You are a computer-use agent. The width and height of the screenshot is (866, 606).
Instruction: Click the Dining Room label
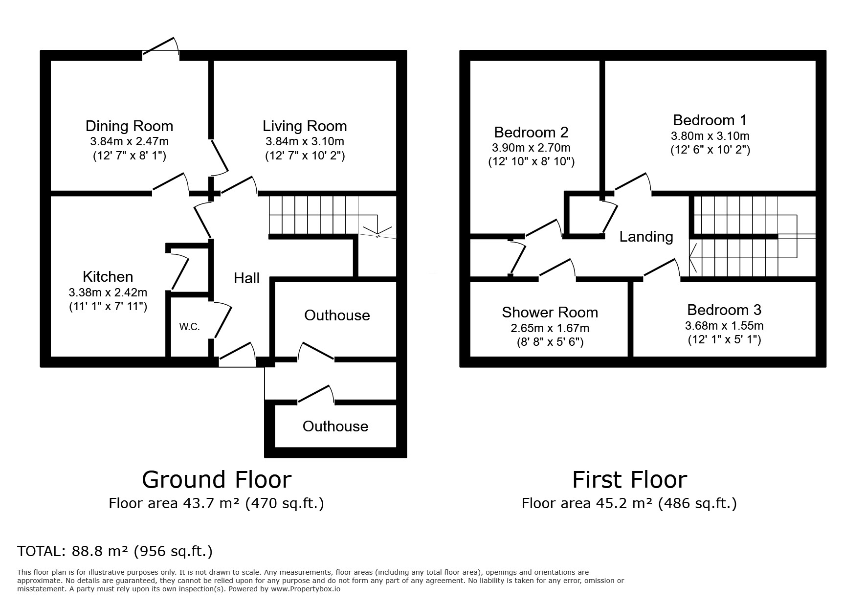129,126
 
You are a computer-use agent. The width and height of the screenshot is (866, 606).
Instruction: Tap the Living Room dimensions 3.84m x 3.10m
305,141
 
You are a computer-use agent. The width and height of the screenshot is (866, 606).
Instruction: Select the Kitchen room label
108,277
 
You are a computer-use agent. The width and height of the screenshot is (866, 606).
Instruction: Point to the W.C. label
189,327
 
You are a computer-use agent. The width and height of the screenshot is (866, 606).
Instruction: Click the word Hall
246,278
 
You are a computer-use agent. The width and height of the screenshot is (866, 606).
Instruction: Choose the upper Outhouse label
337,315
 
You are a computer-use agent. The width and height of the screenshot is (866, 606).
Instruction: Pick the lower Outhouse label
335,426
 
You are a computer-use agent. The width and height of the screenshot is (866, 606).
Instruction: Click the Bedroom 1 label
710,120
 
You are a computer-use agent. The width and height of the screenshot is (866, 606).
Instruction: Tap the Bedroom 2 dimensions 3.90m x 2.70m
531,148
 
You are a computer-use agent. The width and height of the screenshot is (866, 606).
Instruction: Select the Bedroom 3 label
724,310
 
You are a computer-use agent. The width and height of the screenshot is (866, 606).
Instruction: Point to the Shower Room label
550,313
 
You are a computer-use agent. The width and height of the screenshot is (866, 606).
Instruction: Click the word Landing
646,237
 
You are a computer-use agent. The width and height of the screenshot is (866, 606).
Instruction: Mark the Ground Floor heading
217,480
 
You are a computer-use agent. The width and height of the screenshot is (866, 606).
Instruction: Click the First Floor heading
630,480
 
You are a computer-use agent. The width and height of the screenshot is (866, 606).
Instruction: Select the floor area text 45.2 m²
624,503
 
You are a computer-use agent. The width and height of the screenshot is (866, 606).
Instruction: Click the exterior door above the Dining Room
161,49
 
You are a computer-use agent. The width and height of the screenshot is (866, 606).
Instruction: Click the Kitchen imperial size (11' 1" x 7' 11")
108,307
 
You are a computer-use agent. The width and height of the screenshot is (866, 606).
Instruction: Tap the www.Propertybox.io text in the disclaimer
305,589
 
